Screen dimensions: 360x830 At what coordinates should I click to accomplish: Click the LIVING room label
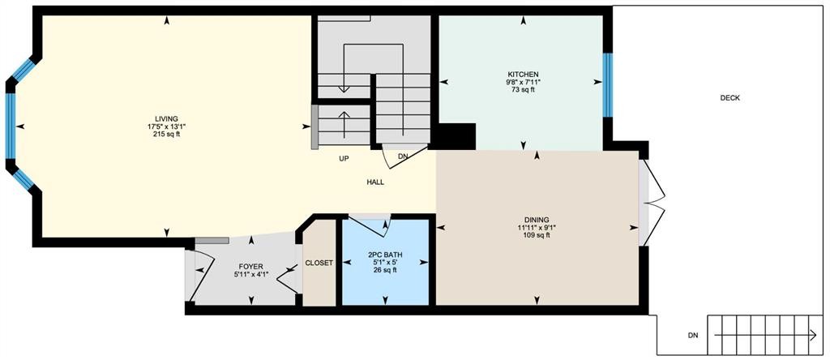click(x=166, y=118)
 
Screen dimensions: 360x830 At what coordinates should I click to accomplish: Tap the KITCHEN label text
click(x=523, y=74)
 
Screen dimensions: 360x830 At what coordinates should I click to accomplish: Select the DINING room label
click(x=537, y=219)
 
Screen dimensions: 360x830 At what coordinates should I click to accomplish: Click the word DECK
click(x=729, y=98)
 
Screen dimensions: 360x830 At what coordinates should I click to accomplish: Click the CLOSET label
click(x=319, y=263)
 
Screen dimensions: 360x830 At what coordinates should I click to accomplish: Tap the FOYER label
click(x=250, y=266)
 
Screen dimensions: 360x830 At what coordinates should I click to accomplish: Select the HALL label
click(x=374, y=182)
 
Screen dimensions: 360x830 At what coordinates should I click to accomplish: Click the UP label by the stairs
click(x=344, y=159)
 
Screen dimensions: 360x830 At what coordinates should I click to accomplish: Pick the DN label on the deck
click(x=692, y=335)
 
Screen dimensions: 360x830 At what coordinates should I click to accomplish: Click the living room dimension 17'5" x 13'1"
click(x=166, y=126)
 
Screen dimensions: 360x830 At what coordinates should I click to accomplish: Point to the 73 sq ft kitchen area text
click(x=523, y=90)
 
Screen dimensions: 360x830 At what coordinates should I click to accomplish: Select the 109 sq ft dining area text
click(x=537, y=235)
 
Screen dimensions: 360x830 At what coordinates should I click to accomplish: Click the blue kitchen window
click(x=606, y=83)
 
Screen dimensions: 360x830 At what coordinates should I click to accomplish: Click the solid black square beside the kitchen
click(x=457, y=136)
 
